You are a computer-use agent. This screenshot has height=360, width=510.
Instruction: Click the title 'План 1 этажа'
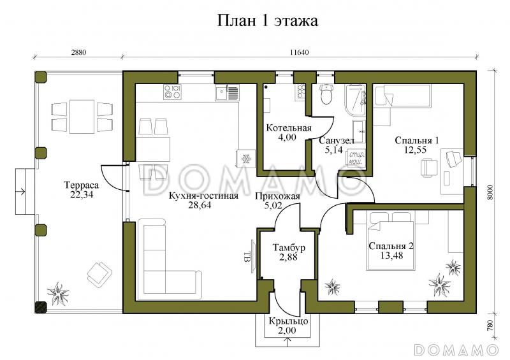pyautogui.click(x=268, y=21)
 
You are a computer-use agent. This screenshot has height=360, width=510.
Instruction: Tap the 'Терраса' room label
pyautogui.click(x=78, y=185)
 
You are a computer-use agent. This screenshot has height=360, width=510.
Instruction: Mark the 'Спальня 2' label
pyautogui.click(x=391, y=246)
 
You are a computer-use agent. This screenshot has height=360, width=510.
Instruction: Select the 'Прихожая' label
pyautogui.click(x=276, y=196)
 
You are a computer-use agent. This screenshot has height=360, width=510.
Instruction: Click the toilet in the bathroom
pyautogui.click(x=327, y=94)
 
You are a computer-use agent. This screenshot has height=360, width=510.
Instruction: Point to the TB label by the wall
pyautogui.click(x=246, y=257)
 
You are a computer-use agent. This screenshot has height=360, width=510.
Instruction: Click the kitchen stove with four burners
pyautogui.click(x=171, y=92)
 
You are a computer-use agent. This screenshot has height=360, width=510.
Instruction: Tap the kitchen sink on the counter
pyautogui.click(x=221, y=93)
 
